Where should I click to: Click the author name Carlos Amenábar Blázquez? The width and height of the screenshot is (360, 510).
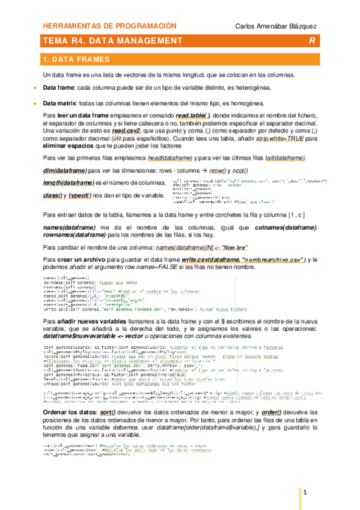pyautogui.click(x=275, y=26)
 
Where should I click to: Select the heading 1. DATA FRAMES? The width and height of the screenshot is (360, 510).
pyautogui.click(x=76, y=60)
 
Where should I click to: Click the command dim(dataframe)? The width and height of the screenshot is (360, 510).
pyautogui.click(x=66, y=170)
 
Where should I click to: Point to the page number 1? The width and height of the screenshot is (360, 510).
pyautogui.click(x=305, y=493)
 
